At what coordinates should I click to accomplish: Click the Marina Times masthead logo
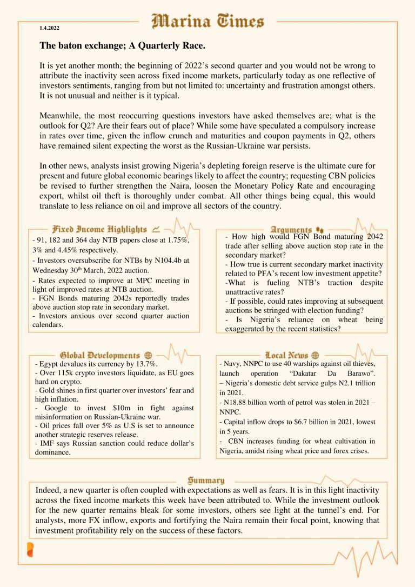207,22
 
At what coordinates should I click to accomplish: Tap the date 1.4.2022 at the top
49,28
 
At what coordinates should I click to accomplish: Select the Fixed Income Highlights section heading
99,229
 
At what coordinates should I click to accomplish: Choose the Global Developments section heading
99,355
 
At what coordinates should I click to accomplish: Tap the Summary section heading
206,480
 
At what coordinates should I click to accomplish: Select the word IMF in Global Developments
45,444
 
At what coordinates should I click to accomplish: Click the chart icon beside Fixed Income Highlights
156,229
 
